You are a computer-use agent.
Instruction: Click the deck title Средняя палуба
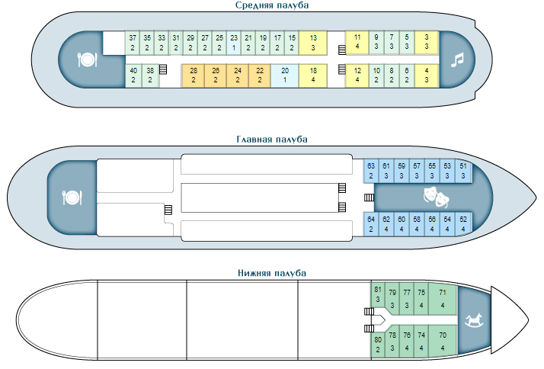pyautogui.click(x=272, y=5)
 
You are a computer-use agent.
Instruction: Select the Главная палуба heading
pyautogui.click(x=272, y=140)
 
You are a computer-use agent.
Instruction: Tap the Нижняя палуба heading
pyautogui.click(x=272, y=273)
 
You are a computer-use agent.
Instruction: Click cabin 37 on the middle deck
pyautogui.click(x=133, y=42)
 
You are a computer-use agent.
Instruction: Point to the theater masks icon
pyautogui.click(x=435, y=197)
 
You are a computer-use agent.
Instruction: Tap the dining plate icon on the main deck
pyautogui.click(x=72, y=197)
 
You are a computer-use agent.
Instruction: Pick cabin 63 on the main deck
pyautogui.click(x=371, y=170)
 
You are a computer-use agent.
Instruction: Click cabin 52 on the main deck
pyautogui.click(x=463, y=223)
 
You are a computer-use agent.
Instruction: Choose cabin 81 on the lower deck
pyautogui.click(x=376, y=294)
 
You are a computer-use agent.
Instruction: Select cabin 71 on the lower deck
pyautogui.click(x=443, y=297)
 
